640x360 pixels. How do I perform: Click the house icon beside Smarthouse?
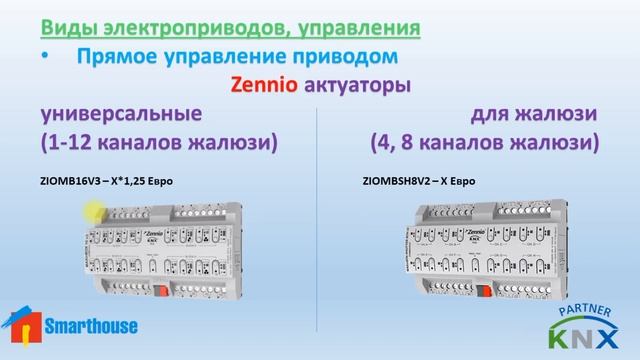tap(22, 324)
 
